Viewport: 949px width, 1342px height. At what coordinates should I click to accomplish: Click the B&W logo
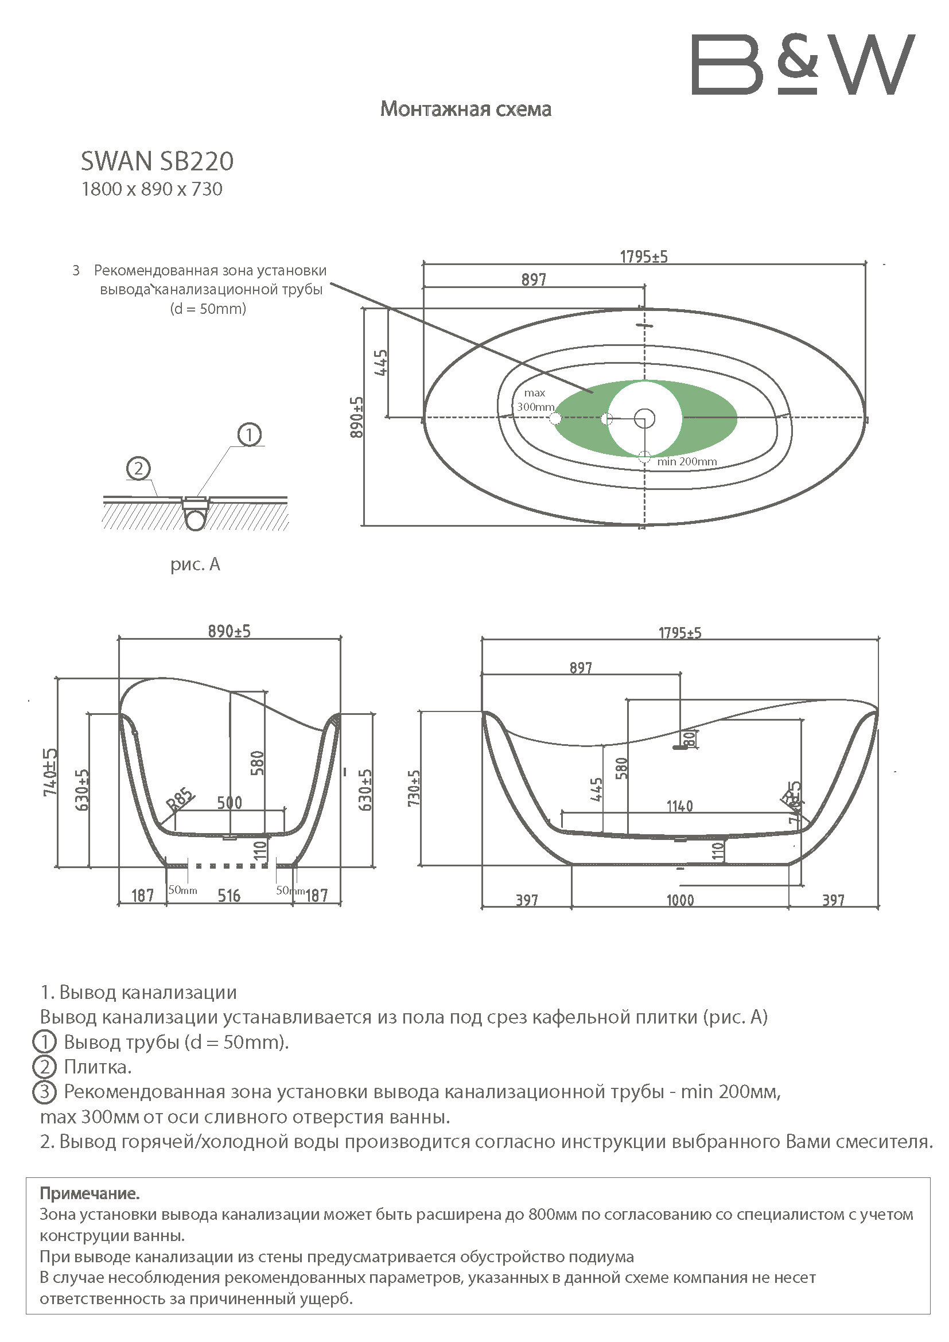(803, 64)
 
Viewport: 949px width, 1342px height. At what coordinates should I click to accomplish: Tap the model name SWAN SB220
(157, 161)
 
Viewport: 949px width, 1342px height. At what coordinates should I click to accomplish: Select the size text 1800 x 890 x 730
(152, 189)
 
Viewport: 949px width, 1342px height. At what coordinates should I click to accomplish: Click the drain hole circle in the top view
(644, 418)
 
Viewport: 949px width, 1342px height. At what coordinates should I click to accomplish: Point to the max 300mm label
(535, 400)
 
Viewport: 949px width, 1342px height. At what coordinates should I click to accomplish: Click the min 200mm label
(687, 461)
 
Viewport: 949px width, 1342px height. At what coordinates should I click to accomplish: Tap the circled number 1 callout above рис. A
(250, 435)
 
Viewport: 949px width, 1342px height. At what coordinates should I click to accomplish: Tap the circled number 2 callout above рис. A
(138, 469)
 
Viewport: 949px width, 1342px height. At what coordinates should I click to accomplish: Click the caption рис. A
(195, 564)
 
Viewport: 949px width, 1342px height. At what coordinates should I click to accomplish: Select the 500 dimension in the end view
(230, 803)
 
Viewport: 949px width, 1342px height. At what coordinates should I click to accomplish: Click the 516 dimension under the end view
(229, 896)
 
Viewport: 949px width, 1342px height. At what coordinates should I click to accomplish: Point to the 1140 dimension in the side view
(679, 807)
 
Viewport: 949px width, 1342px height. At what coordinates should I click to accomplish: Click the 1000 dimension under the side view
(680, 900)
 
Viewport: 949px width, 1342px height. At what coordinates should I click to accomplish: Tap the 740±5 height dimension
(50, 772)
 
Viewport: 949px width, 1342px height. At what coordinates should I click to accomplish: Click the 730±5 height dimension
(414, 788)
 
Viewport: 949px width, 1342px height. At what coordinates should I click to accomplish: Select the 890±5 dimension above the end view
(229, 631)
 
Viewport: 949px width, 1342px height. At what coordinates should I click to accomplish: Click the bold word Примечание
(90, 1189)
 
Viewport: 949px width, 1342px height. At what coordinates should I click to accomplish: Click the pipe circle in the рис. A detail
(195, 519)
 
